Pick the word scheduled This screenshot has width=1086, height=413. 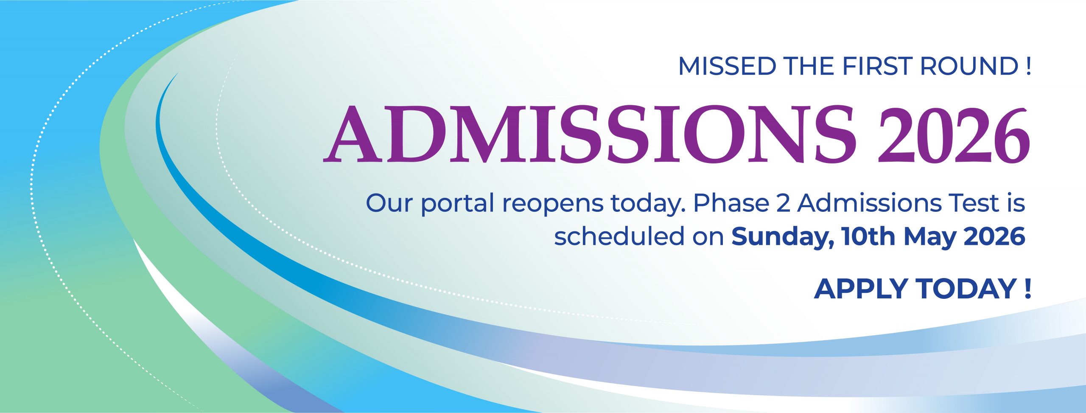pyautogui.click(x=619, y=236)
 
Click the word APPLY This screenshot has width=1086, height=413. pyautogui.click(x=861, y=289)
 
